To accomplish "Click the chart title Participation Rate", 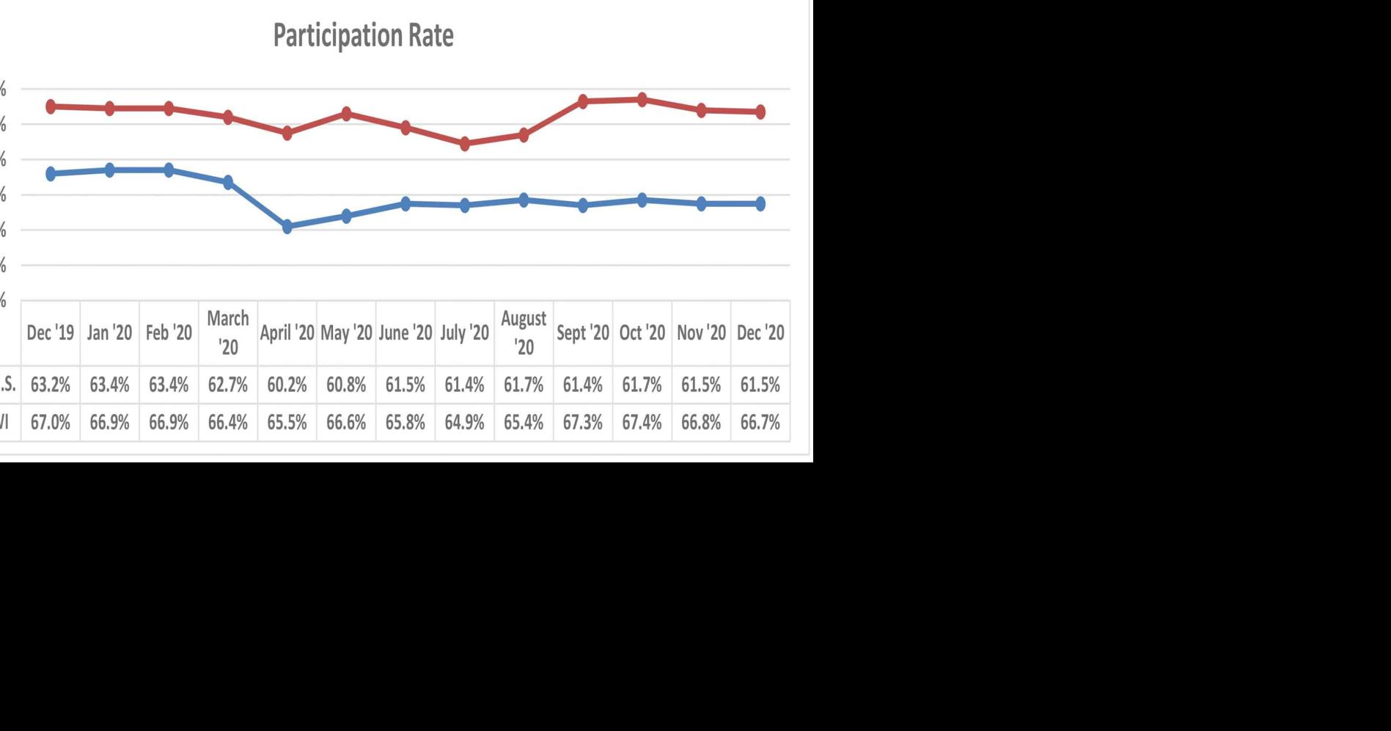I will (363, 35).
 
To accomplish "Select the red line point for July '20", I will (465, 144).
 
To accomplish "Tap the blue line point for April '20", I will (287, 227).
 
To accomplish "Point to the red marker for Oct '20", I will (642, 100).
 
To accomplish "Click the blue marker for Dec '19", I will (51, 174).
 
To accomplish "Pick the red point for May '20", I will (347, 114).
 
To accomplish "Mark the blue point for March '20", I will (228, 182).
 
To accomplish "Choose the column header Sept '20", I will (583, 332).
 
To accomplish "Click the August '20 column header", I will (524, 332).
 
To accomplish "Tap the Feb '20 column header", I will (169, 332).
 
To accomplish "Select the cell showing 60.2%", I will (287, 385).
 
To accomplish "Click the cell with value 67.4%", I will (642, 423).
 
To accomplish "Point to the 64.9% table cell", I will (464, 423).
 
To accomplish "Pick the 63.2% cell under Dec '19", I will (51, 385).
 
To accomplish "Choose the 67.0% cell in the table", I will (51, 423).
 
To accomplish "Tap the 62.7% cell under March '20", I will (227, 385).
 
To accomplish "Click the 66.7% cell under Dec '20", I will (760, 423).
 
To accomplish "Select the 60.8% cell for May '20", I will (346, 385).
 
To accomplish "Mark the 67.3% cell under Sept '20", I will (583, 423).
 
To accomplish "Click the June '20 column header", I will (405, 332).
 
